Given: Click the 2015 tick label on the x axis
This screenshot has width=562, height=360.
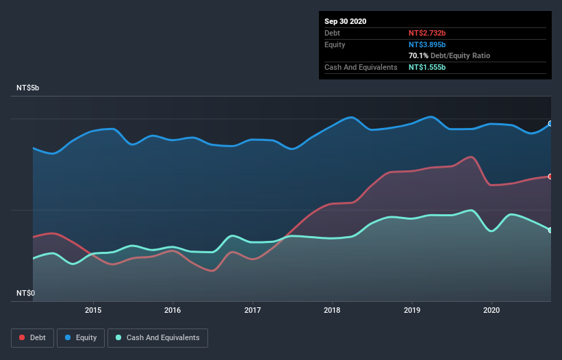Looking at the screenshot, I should tap(93, 309).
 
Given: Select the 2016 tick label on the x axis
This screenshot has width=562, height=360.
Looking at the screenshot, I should tap(173, 309).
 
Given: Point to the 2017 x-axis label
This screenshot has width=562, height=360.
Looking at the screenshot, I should tap(253, 309).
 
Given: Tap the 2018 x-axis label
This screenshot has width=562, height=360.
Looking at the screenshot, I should tap(332, 309).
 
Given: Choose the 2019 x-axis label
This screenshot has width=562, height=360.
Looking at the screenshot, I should tap(412, 309).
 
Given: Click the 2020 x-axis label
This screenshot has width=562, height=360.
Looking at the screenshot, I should tap(491, 309).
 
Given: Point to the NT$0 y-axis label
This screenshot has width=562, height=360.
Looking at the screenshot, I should tap(26, 293).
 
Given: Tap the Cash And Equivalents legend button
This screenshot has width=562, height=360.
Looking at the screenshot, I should tap(157, 338).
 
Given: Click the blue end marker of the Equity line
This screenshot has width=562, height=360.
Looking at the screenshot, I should tap(550, 124).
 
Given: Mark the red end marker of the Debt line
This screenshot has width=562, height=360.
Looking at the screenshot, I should tap(550, 177).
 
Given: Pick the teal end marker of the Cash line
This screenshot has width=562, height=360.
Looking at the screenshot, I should tap(550, 230).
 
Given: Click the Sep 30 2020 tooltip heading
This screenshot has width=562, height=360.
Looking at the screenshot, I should tap(346, 21).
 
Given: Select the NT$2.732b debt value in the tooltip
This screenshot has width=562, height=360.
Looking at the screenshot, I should tap(428, 33).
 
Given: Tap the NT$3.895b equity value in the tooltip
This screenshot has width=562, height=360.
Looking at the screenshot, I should tap(428, 44).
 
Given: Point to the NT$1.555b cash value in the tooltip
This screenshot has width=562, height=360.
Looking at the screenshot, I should tap(428, 67).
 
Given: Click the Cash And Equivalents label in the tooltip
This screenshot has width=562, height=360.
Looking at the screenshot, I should tap(361, 67).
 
